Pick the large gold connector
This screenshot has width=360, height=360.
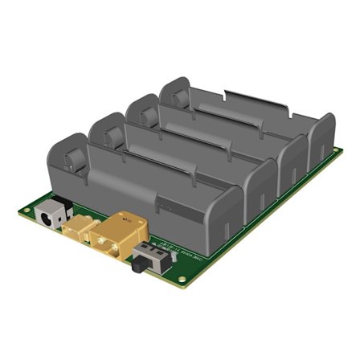click(x=118, y=235)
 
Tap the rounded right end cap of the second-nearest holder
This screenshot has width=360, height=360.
click(x=261, y=182)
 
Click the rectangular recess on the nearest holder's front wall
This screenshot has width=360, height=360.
click(x=180, y=204)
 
